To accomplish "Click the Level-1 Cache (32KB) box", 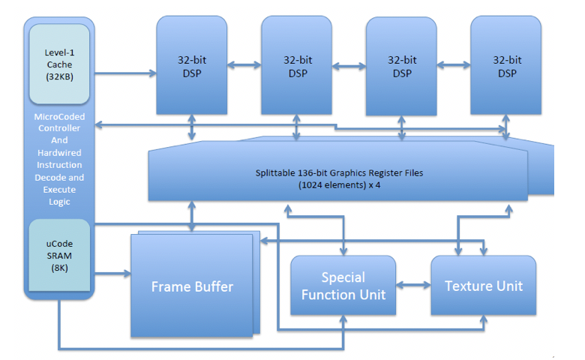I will pos(59,64).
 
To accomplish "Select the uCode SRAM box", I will pos(59,255).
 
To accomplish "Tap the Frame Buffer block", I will pos(192,286).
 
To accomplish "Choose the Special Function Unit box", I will pos(343,286).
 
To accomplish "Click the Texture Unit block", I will pos(483,286).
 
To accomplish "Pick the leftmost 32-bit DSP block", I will pos(191,65).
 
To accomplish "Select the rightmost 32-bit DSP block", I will pos(506,65).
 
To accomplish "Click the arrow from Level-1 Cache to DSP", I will pos(124,73).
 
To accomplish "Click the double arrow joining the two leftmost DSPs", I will pos(244,67).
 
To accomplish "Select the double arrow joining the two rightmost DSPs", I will pos(454,67).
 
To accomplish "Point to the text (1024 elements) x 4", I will pos(339,184).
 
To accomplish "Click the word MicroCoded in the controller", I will pos(59,116).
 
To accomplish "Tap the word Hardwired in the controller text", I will pos(59,152).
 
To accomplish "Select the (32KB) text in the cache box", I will pos(59,76).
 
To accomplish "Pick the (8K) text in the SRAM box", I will pos(59,268).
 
